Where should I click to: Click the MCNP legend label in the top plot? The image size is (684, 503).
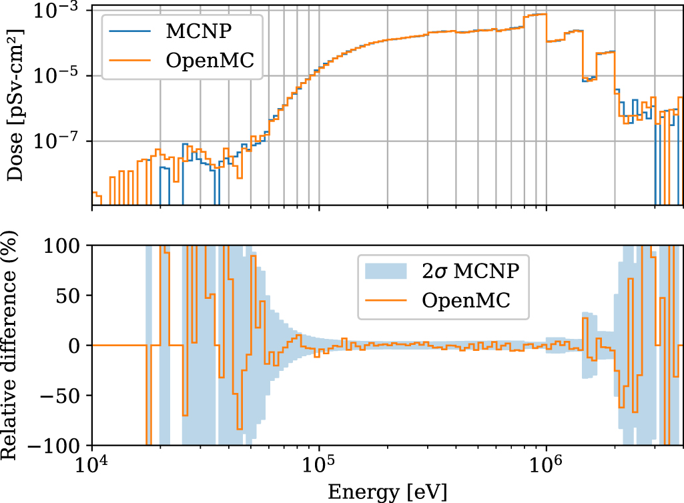point(198,31)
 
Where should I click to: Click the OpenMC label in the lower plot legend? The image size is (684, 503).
point(466,300)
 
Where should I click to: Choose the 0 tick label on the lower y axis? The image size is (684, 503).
point(78,346)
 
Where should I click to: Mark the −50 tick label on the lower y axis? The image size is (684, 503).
point(65,395)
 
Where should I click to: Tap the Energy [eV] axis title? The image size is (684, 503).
point(387,492)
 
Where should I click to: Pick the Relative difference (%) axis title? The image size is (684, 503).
point(15,345)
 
